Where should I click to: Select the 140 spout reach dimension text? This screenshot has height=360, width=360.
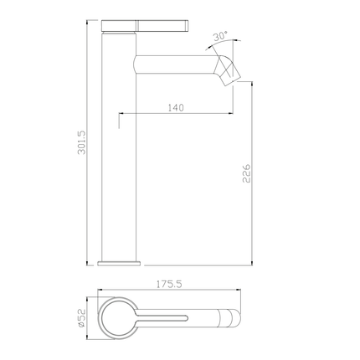click(176, 108)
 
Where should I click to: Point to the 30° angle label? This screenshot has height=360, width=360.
click(220, 38)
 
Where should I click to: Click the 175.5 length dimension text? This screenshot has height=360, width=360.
click(169, 285)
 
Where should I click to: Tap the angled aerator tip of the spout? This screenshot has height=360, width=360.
click(228, 70)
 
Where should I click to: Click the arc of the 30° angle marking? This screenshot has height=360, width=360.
click(235, 42)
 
